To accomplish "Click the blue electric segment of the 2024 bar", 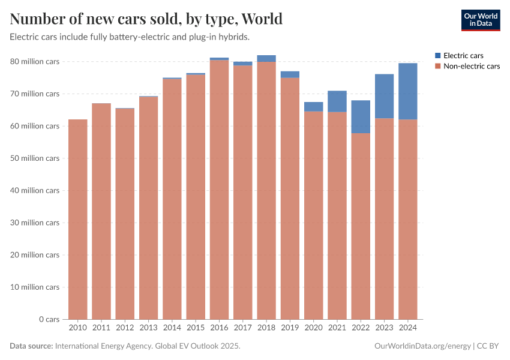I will tap(407, 91).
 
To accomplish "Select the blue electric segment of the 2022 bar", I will tap(361, 116).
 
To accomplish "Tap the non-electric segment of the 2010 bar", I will tap(78, 219).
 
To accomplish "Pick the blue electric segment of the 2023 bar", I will tap(384, 96).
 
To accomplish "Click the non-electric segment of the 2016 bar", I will tap(219, 189).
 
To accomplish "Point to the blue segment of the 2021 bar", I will tap(337, 101).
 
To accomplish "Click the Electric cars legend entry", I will tap(463, 55).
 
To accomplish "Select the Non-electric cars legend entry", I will tap(471, 66).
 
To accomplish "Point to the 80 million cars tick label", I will tap(35, 62).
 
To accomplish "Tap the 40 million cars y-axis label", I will tap(35, 190).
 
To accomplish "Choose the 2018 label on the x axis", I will tap(266, 328).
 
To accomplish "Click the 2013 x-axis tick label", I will tap(148, 328).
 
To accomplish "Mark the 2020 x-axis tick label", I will tap(313, 328).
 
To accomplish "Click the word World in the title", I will tap(262, 19).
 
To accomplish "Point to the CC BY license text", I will tap(489, 346).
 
